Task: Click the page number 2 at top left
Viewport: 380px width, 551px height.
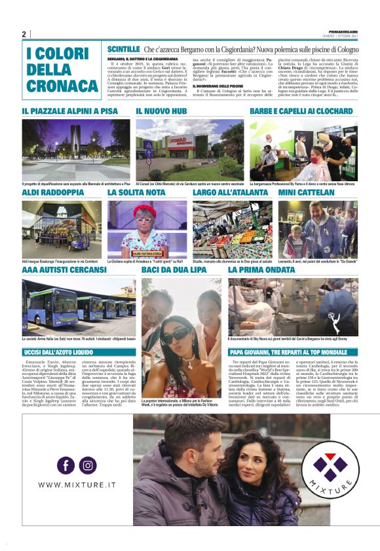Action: click(x=24, y=34)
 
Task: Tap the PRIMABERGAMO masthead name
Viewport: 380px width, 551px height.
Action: click(x=343, y=32)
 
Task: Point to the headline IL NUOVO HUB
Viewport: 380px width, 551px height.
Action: click(x=161, y=112)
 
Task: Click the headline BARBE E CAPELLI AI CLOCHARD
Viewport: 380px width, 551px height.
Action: click(x=300, y=112)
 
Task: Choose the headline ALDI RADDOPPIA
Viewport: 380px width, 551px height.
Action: click(x=53, y=193)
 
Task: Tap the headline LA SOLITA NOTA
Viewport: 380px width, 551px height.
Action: click(x=136, y=193)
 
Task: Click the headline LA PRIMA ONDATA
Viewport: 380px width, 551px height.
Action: click(x=261, y=269)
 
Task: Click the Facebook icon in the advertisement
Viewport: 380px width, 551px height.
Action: click(x=66, y=465)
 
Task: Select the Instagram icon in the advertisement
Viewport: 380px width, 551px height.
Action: click(x=88, y=465)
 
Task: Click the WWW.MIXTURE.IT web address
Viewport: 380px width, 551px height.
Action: click(x=77, y=485)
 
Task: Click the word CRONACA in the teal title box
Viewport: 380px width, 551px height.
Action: click(x=64, y=86)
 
